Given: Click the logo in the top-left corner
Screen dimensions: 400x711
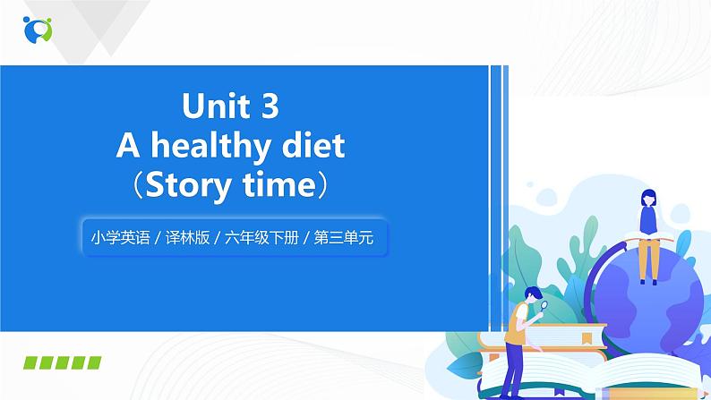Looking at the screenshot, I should point(38,29).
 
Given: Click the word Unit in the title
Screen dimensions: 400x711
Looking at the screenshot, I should point(213,107).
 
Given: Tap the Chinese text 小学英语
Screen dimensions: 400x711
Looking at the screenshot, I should point(117,238).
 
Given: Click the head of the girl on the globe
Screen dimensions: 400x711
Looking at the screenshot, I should point(647,199).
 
